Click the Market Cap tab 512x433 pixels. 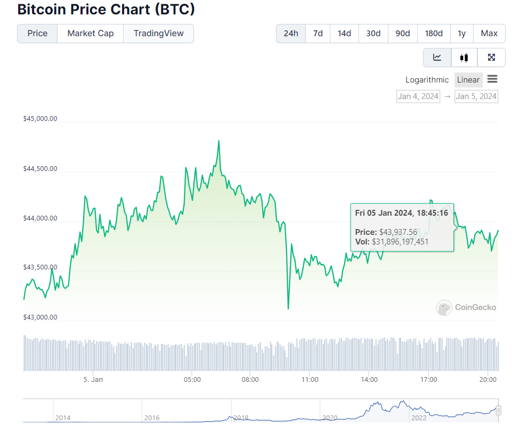90,33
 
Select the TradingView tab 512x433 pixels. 158,33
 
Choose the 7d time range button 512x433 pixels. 318,33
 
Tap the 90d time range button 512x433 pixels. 402,33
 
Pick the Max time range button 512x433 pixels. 489,33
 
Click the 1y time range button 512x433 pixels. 461,33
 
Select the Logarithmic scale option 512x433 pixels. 427,80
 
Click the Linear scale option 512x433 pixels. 468,80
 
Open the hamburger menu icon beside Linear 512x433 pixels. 492,79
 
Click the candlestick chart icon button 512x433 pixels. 464,58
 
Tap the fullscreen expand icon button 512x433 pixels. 491,58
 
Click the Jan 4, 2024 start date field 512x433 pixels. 418,96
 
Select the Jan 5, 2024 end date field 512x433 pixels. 476,96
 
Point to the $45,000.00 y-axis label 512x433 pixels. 40,119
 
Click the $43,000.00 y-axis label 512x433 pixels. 40,317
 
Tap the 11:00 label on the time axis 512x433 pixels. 310,380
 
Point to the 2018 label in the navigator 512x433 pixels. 241,418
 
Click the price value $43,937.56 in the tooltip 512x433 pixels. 398,232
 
